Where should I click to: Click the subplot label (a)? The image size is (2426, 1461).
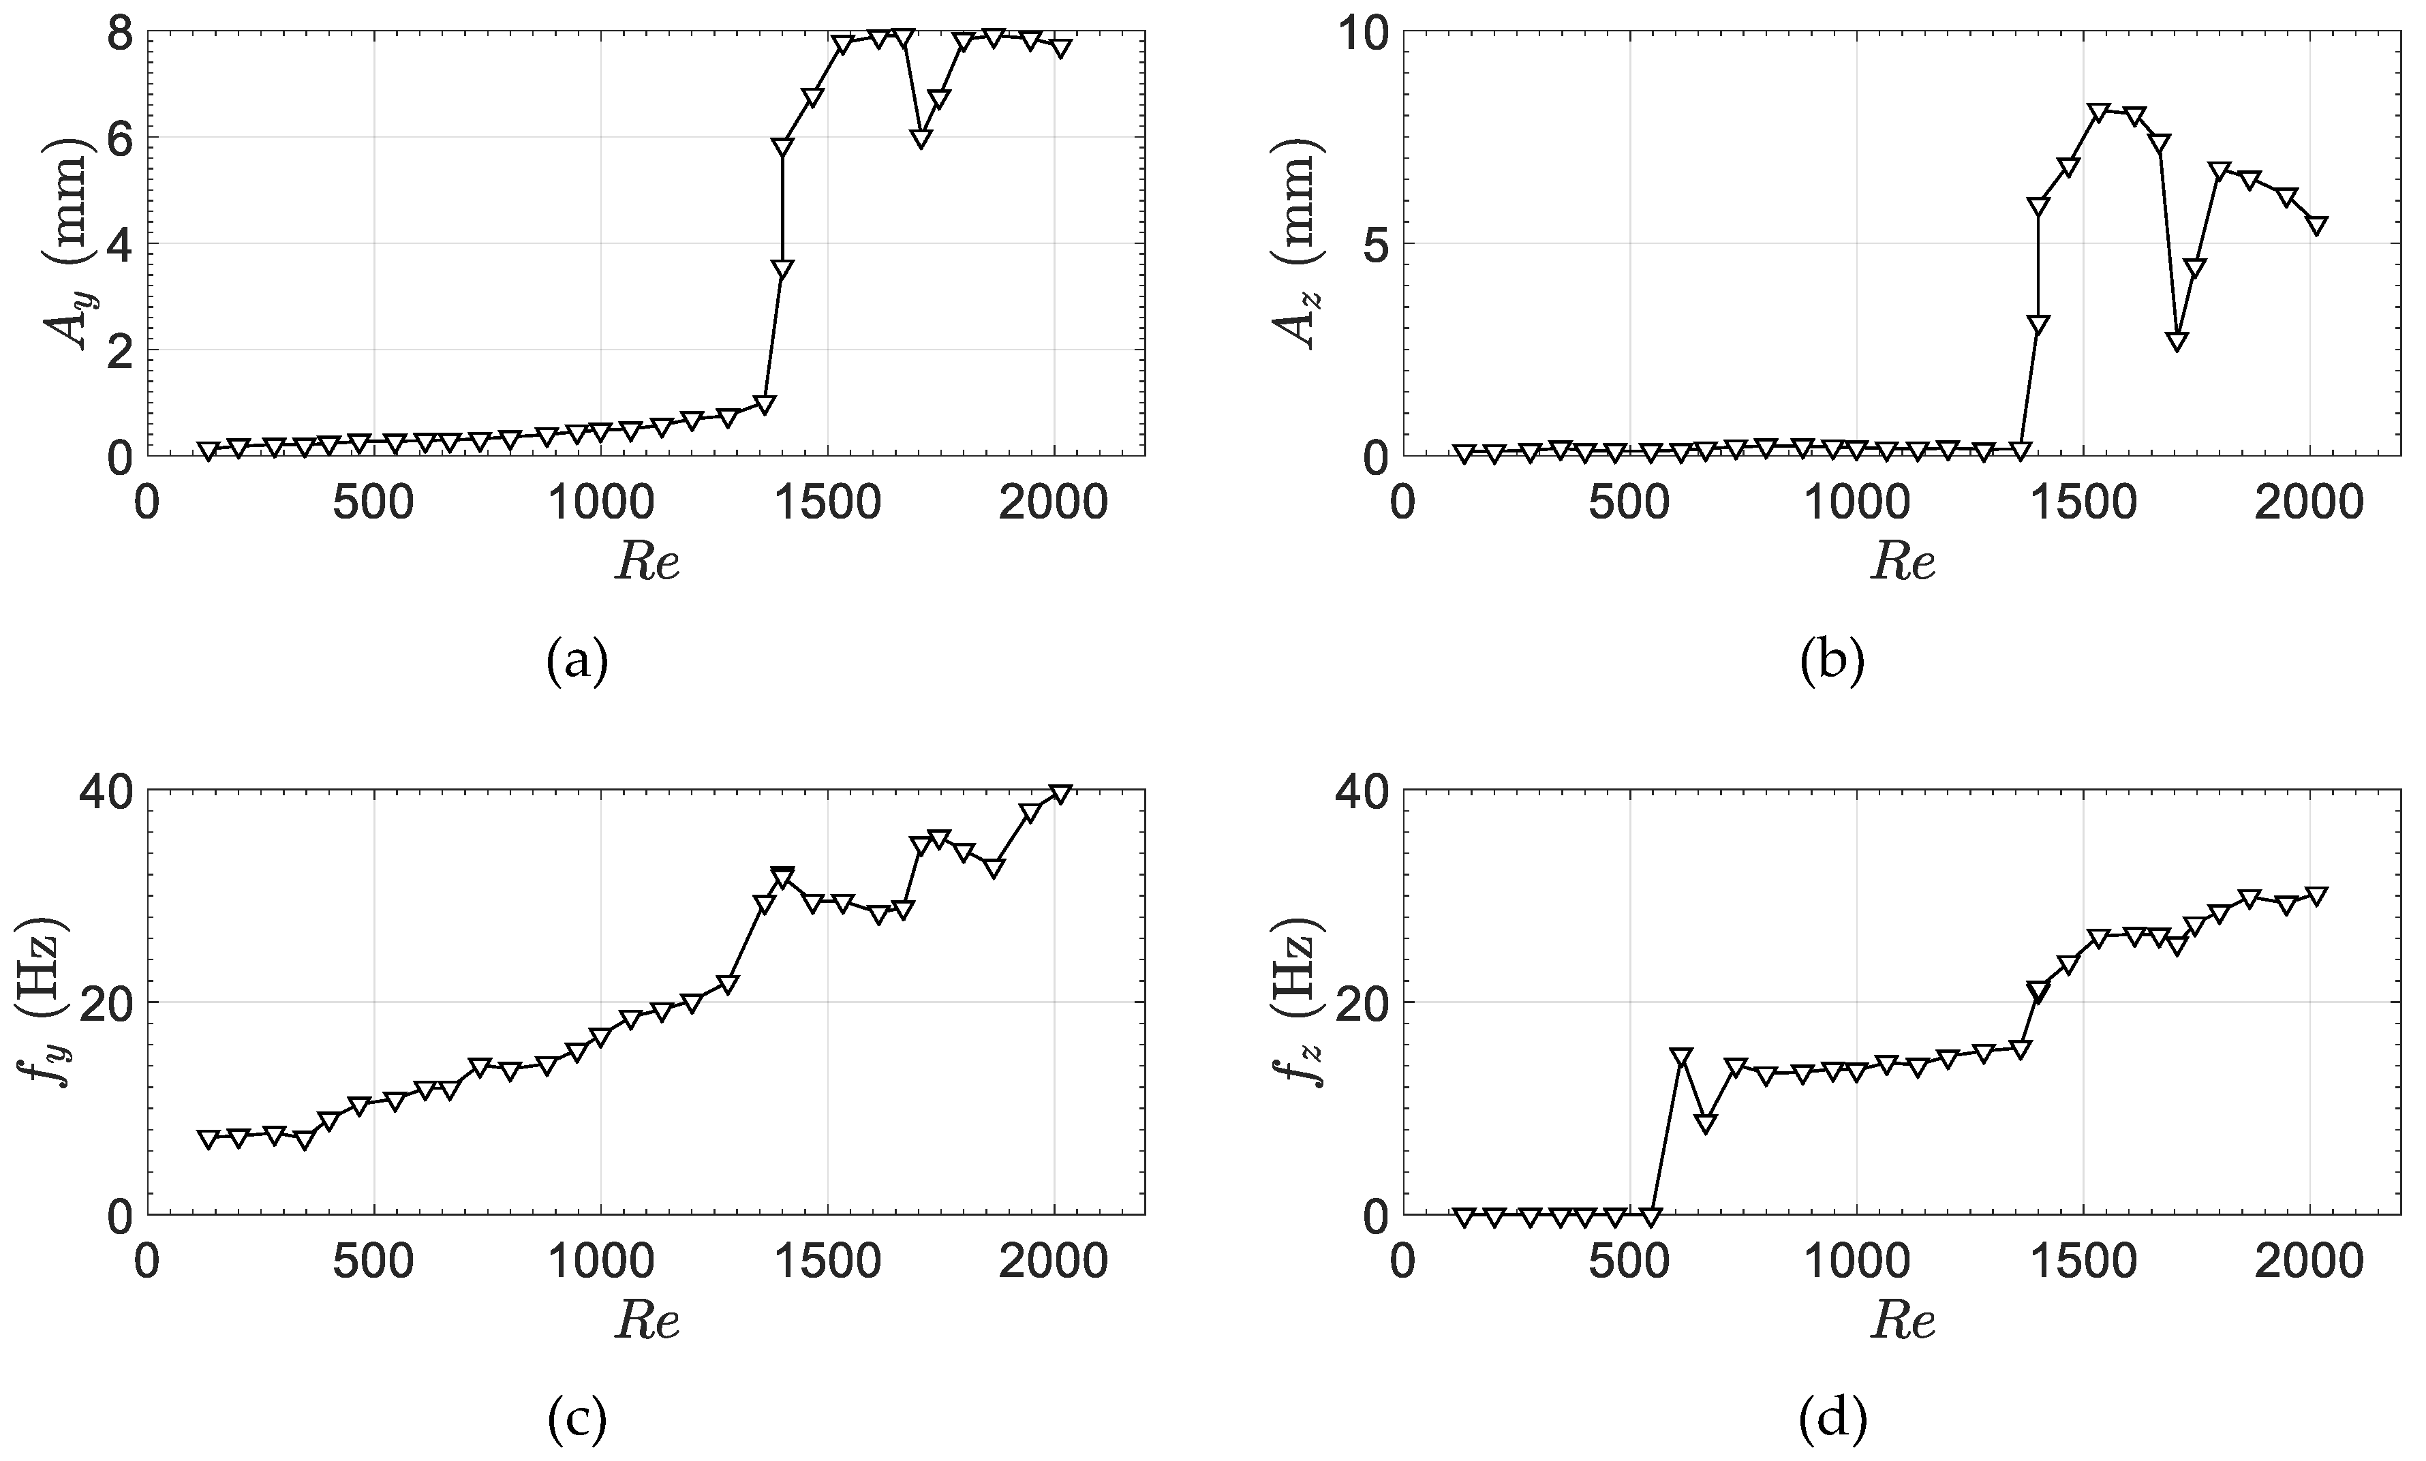click(x=577, y=660)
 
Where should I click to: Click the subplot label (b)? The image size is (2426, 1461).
click(x=1832, y=660)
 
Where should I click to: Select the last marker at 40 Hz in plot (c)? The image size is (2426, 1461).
click(x=1060, y=793)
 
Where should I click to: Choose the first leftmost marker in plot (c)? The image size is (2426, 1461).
click(x=208, y=1139)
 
